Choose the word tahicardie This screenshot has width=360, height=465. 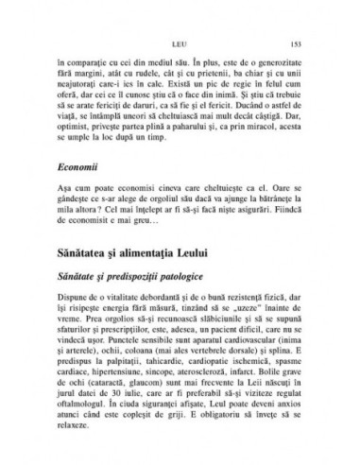pyautogui.click(x=152, y=373)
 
